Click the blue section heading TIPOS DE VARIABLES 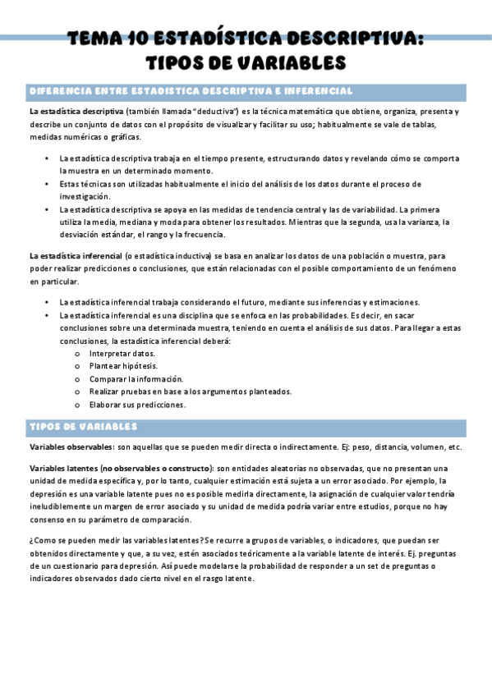coord(83,428)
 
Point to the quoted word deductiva coord(216,111)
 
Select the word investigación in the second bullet coord(84,197)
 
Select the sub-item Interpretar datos coord(122,353)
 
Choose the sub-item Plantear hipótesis coord(123,366)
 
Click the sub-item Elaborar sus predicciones coord(137,405)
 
